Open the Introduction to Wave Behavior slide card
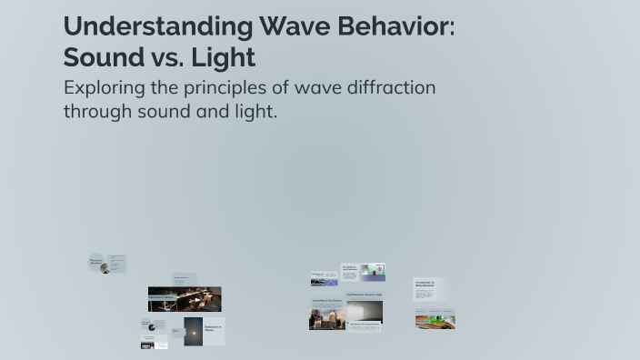[x=429, y=289]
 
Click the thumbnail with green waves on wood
[x=435, y=319]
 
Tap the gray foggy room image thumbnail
[x=364, y=312]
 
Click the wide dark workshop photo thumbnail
[x=185, y=299]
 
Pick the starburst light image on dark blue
[x=193, y=331]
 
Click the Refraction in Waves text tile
[x=214, y=329]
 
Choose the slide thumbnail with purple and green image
[x=373, y=273]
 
